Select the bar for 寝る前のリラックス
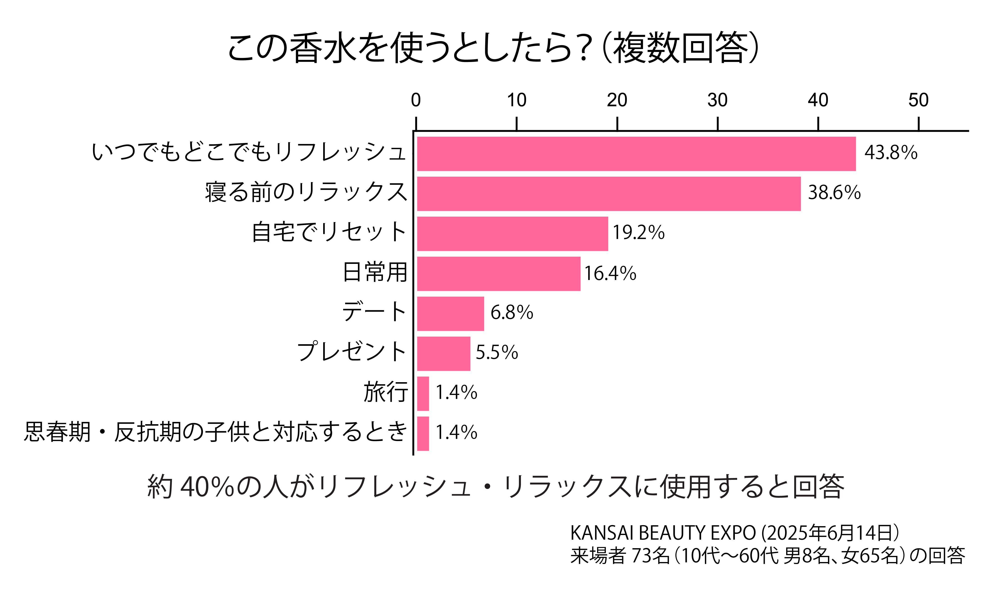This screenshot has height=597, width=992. (x=608, y=193)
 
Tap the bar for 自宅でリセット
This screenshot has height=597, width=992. (x=512, y=234)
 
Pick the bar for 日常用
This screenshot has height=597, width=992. (x=498, y=274)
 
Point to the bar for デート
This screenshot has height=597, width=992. (x=450, y=314)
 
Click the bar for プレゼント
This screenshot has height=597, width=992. (x=443, y=354)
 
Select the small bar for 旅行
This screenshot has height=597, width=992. (x=423, y=394)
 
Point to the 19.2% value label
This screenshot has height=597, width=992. (x=638, y=233)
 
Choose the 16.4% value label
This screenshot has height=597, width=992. (x=610, y=273)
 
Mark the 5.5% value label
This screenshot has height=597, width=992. (x=497, y=352)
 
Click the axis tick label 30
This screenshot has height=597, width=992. (x=717, y=100)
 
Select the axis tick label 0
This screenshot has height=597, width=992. (x=416, y=100)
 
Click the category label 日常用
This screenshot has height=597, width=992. (x=375, y=272)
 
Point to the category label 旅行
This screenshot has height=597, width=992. (x=385, y=392)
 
